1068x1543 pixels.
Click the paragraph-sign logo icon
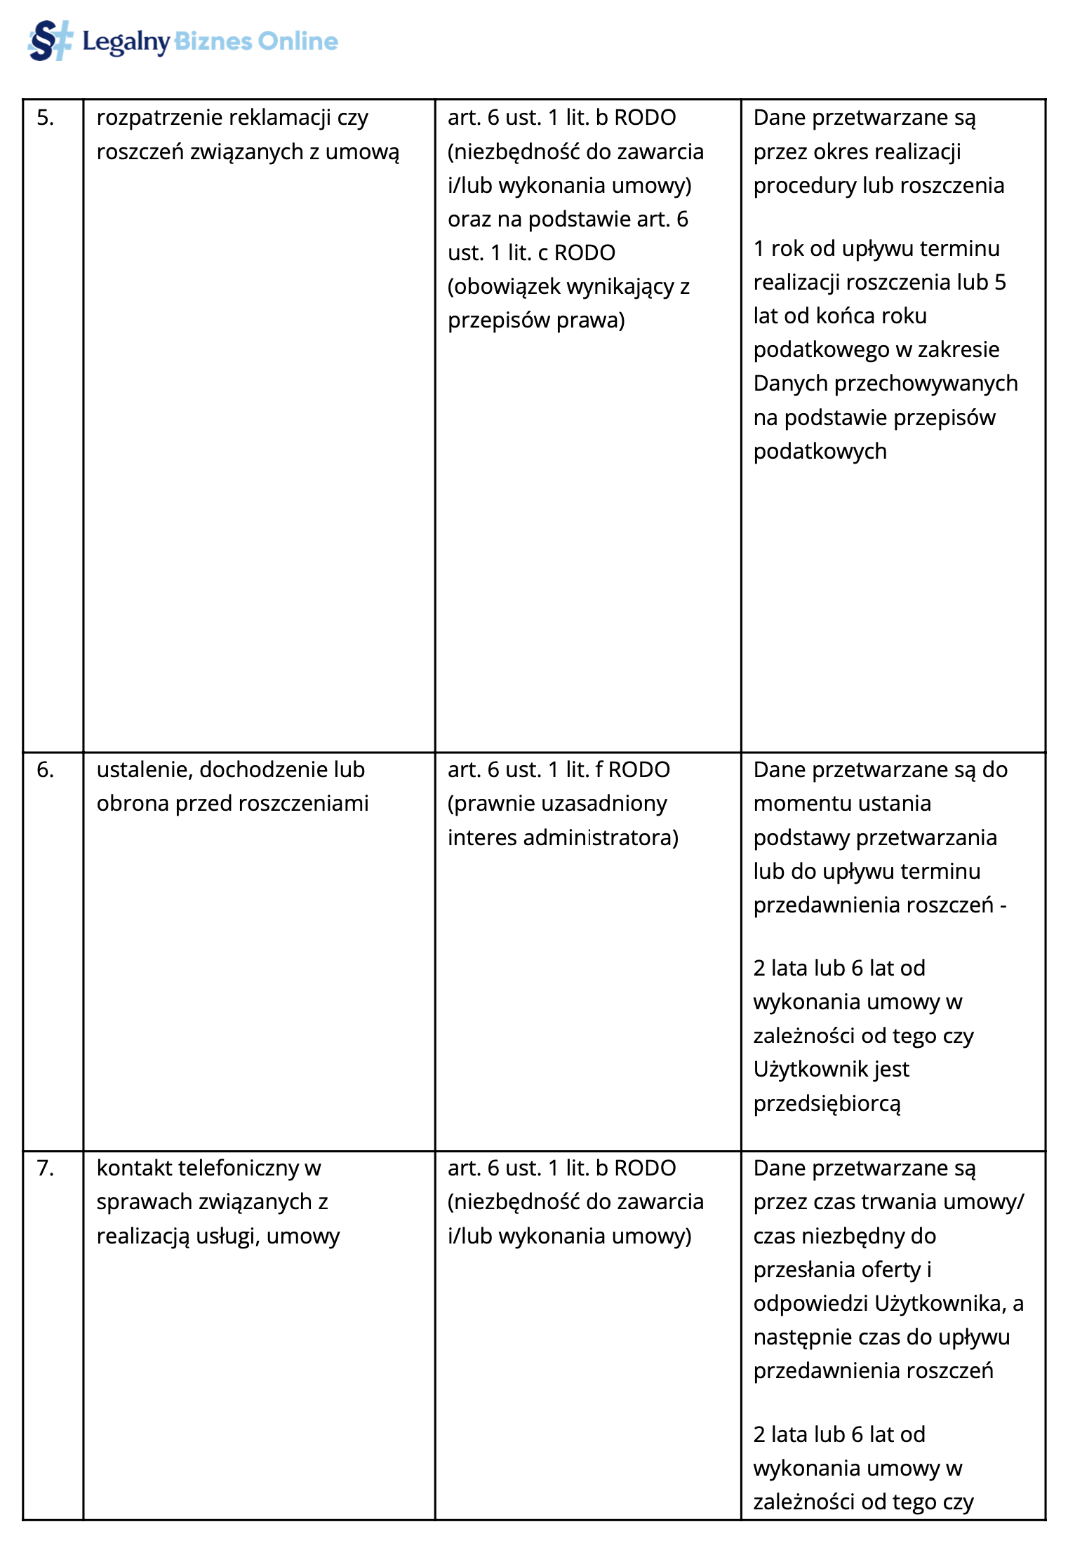coord(49,41)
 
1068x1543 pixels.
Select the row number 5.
coord(45,118)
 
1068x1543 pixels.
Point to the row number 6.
coord(45,770)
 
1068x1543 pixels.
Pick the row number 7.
coord(45,1168)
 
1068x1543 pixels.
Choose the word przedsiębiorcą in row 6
coord(827,1104)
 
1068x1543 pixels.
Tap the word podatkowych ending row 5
coord(820,452)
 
